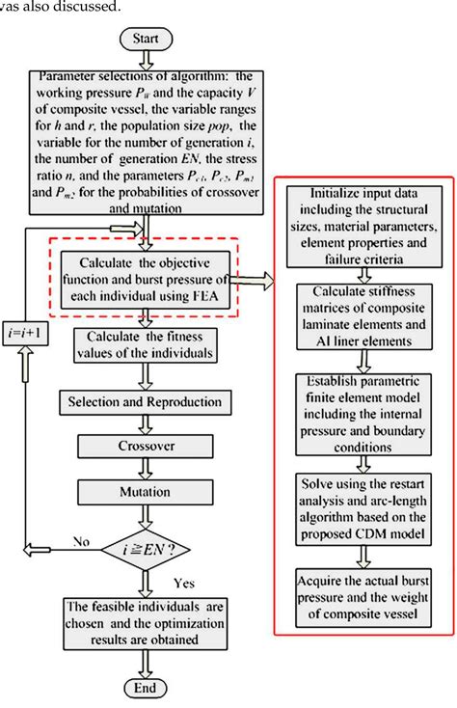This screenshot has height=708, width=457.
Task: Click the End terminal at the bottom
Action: tap(144, 688)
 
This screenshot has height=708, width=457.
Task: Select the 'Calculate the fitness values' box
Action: tap(144, 348)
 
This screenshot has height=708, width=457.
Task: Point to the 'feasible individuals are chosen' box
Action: tap(144, 623)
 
